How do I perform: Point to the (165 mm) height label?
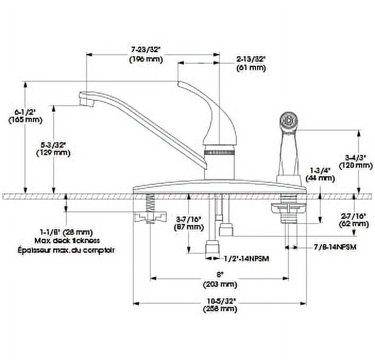click(25, 120)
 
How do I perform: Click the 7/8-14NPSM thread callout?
click(335, 247)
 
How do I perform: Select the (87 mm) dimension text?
click(189, 227)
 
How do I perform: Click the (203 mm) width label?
click(219, 284)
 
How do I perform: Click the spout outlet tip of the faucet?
click(84, 100)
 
